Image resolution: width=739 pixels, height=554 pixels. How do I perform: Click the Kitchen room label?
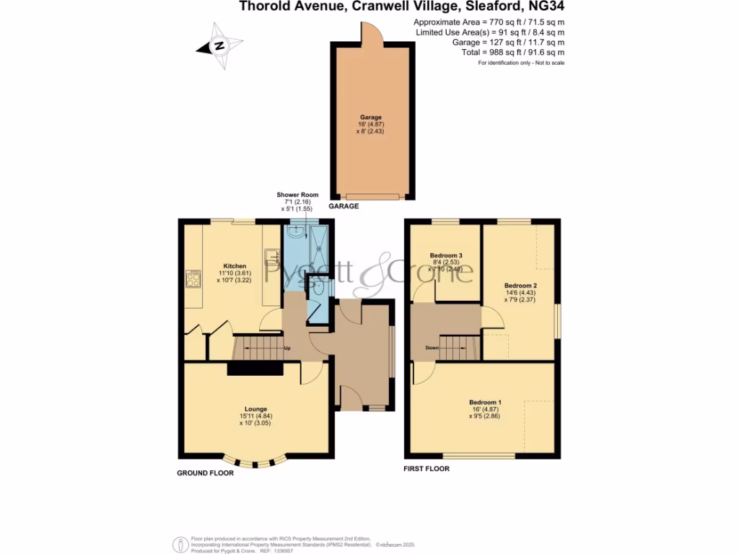point(235,266)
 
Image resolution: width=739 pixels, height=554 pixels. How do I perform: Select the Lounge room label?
point(255,409)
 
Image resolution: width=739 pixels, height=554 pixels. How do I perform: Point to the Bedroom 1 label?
point(485,402)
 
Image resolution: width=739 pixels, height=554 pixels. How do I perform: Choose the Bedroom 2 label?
point(520,285)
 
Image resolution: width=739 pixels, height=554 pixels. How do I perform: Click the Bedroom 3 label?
point(446,255)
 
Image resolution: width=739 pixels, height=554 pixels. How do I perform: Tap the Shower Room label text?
point(297,195)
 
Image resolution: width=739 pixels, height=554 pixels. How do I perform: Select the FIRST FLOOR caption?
point(427,469)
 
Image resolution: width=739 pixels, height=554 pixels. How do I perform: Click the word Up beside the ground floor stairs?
point(287,349)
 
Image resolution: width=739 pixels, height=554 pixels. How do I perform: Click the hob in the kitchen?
point(193,279)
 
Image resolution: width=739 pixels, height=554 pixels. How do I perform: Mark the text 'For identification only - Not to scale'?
point(521,63)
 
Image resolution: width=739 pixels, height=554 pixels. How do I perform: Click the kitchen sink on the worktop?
point(274,256)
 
